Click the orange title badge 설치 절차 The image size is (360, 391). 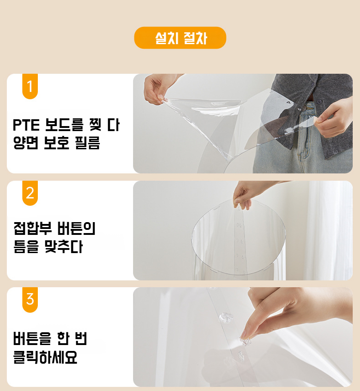click(180, 38)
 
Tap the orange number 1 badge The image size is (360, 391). click(30, 86)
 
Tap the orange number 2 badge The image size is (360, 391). click(30, 193)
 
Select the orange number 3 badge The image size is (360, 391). click(30, 300)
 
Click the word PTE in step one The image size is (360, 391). click(26, 124)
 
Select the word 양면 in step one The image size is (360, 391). click(26, 143)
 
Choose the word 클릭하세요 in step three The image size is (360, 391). click(45, 358)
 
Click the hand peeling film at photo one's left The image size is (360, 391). click(157, 89)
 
